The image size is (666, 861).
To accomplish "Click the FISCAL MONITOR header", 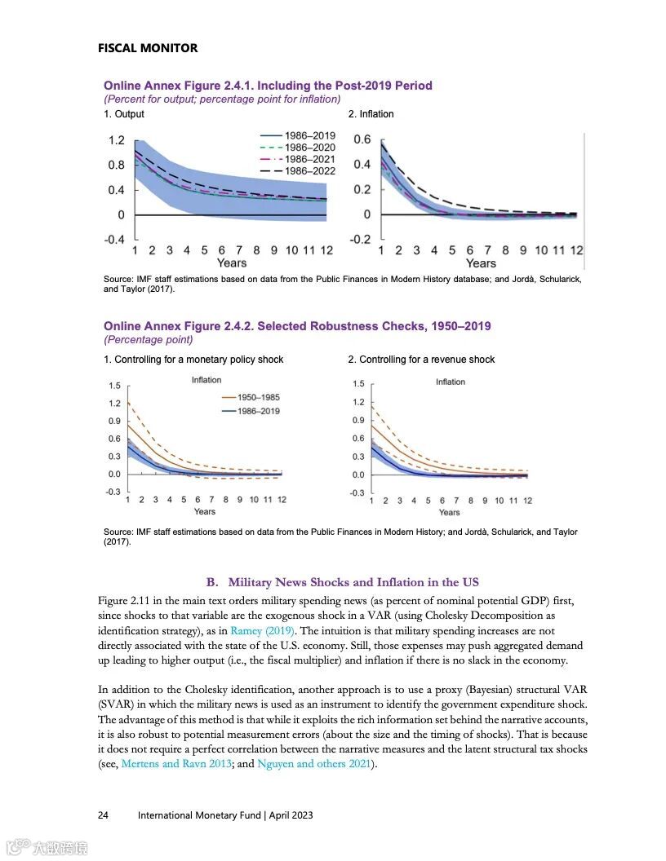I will click(148, 48).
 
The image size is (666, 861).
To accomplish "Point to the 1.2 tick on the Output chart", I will click(117, 140).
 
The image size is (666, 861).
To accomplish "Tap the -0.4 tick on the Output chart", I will click(114, 240).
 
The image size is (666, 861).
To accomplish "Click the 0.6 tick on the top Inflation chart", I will click(362, 139).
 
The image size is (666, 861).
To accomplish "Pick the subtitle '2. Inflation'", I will click(371, 114).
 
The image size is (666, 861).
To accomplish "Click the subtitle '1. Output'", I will click(123, 114).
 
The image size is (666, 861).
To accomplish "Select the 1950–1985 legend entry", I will click(258, 398).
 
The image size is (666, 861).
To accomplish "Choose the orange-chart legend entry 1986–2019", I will click(258, 411).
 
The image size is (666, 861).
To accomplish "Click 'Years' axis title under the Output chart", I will click(232, 263).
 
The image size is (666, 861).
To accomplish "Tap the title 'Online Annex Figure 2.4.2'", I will click(297, 326).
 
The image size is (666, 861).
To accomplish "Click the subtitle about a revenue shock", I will click(421, 360).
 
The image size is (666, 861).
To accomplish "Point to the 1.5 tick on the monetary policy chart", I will click(114, 386).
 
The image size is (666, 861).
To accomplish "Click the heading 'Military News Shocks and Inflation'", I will click(353, 582).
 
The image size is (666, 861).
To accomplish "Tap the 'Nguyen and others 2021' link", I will click(313, 763).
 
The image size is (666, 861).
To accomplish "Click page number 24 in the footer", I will click(104, 815).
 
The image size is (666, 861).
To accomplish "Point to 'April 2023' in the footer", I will click(291, 815).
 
